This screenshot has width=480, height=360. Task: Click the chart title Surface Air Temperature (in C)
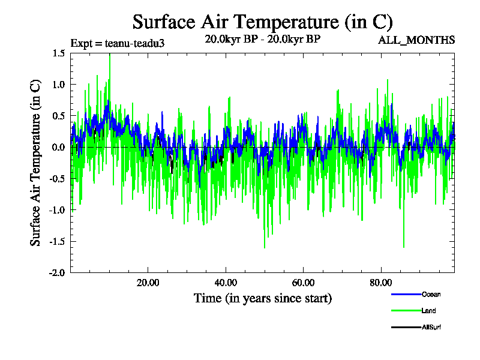(x=262, y=22)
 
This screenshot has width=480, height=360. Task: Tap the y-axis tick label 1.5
(x=58, y=53)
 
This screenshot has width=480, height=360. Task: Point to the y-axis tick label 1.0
(x=58, y=85)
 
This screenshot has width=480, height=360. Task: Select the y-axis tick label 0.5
(x=58, y=116)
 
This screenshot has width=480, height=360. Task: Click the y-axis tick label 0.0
(x=58, y=148)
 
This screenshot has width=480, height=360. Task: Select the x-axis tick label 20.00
(x=148, y=283)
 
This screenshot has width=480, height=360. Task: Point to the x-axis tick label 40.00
(x=226, y=283)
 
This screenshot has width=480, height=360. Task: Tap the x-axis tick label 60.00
(x=304, y=283)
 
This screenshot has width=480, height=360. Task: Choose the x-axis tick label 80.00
(x=381, y=283)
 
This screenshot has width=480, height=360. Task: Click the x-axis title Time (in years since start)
(x=262, y=298)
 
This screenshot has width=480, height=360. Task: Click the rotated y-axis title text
(x=36, y=163)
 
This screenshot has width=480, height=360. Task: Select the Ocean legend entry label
(x=431, y=294)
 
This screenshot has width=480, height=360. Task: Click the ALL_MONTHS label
(x=416, y=40)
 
